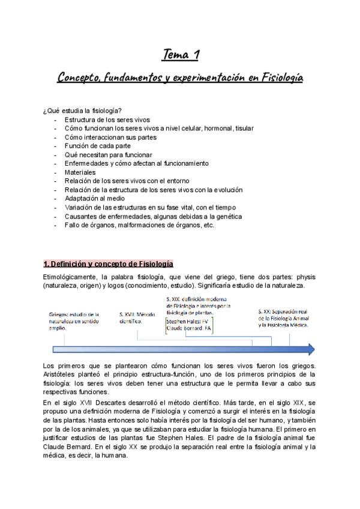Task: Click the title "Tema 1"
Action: (181, 56)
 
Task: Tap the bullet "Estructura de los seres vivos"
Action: (107, 119)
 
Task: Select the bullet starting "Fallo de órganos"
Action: (139, 224)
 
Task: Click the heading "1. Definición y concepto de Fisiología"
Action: (109, 264)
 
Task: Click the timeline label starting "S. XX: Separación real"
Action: (283, 318)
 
